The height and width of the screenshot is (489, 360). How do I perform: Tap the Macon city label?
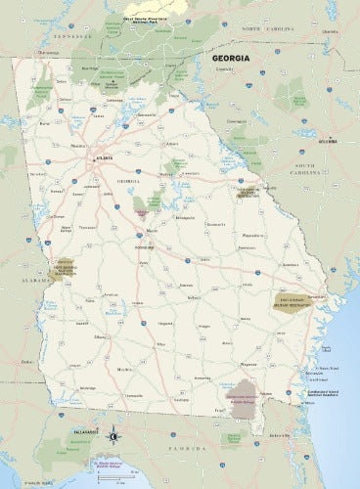[x=151, y=231]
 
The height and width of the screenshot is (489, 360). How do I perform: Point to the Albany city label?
[x=100, y=335]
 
